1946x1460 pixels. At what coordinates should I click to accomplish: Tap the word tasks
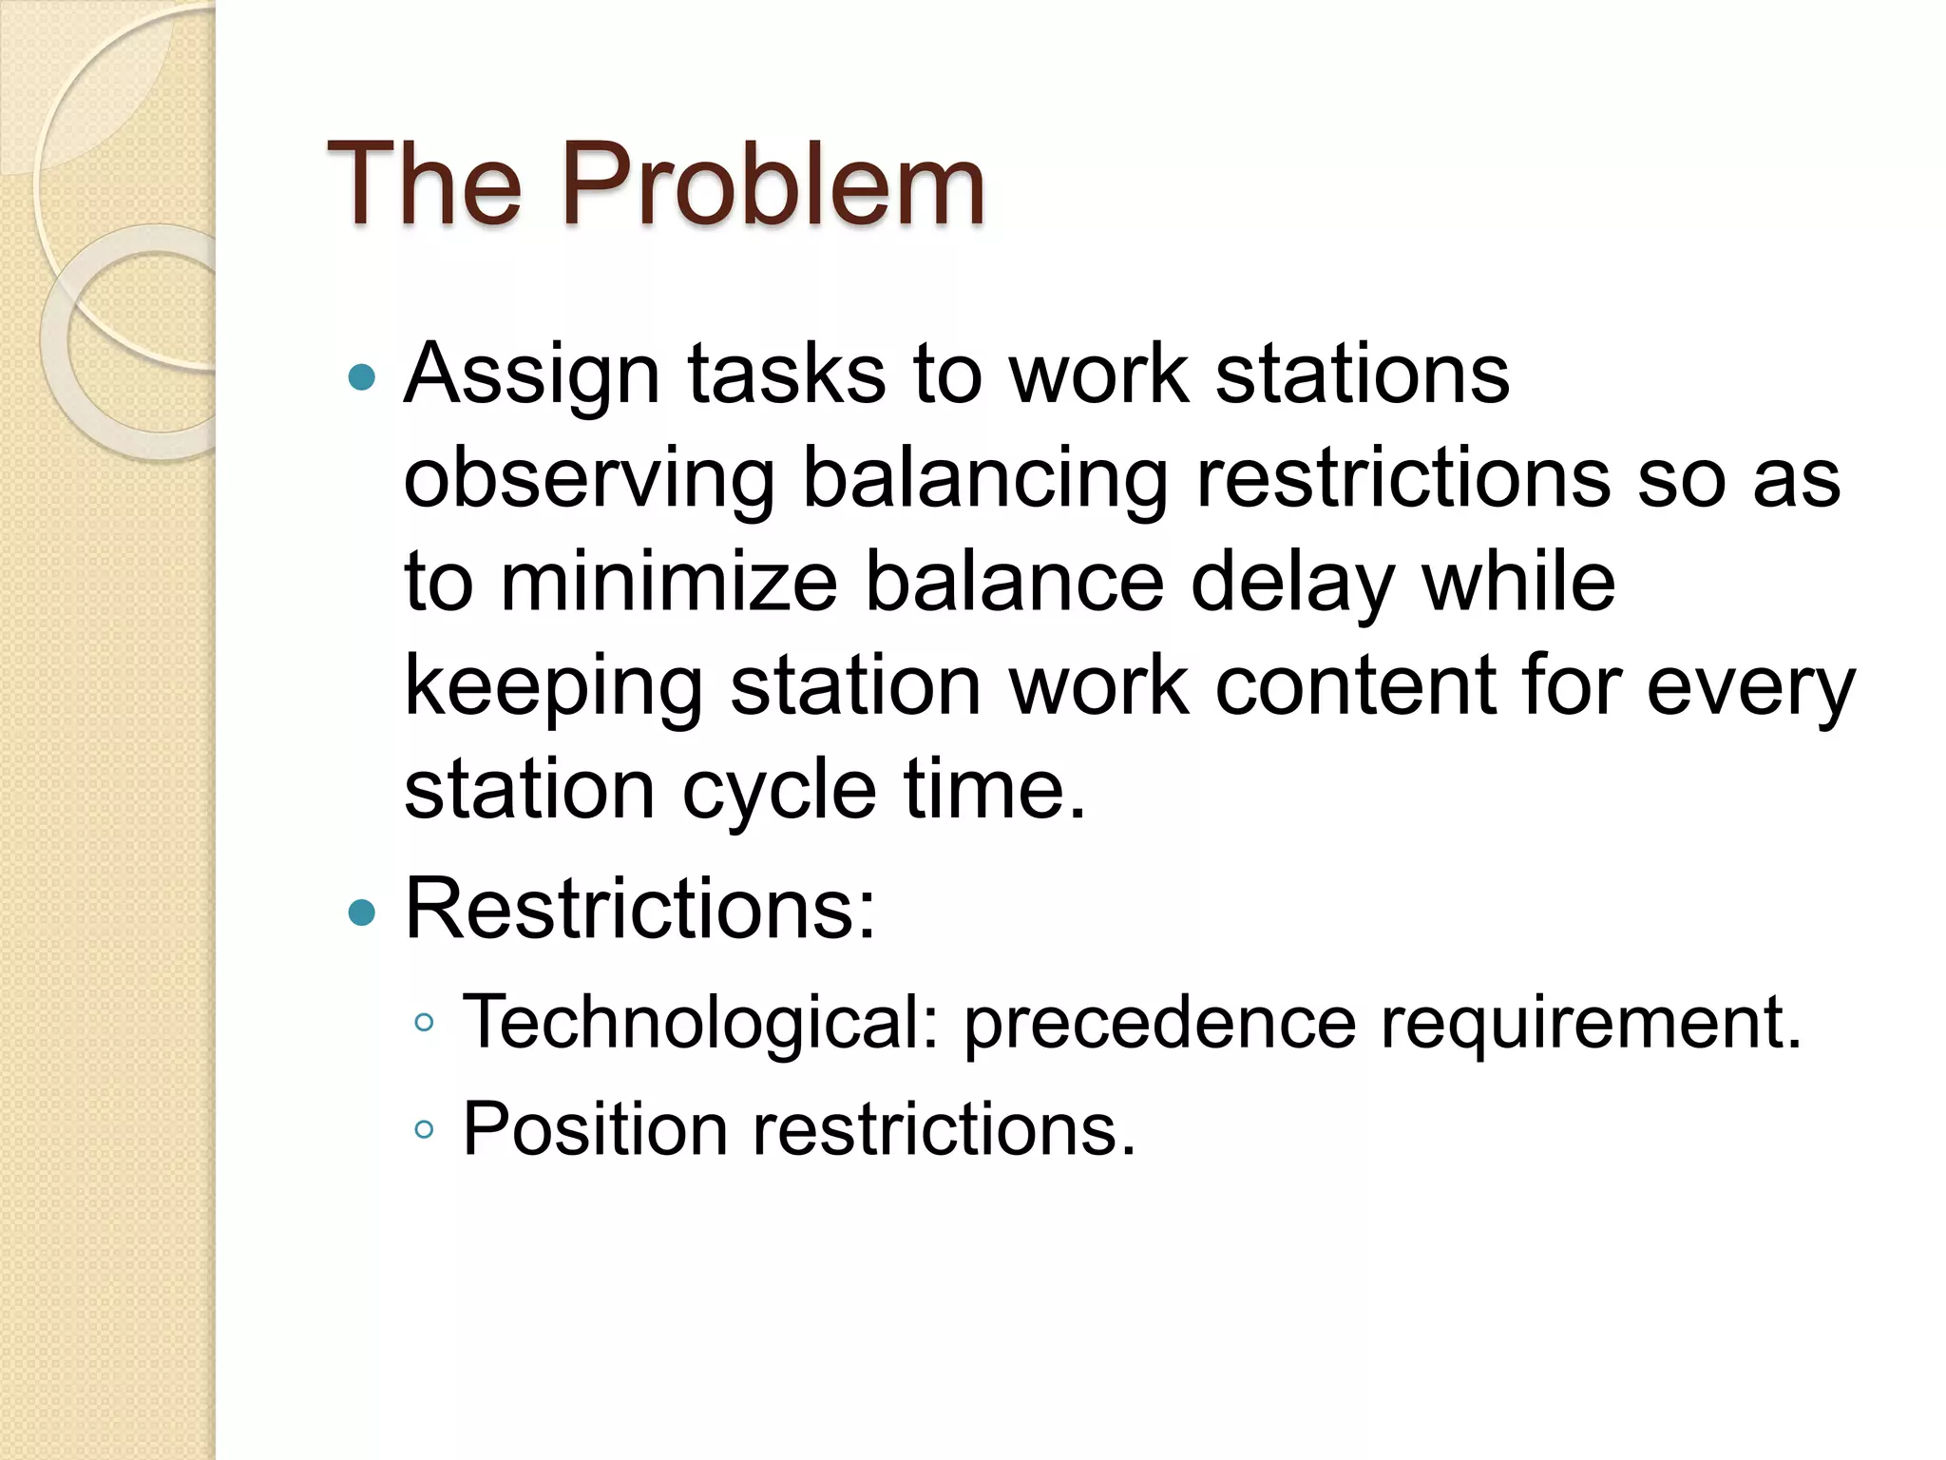click(x=786, y=375)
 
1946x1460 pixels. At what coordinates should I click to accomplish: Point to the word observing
click(x=589, y=480)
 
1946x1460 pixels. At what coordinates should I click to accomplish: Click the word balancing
click(x=985, y=480)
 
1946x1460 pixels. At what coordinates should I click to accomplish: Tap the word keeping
click(x=553, y=688)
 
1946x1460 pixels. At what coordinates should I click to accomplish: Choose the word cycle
click(x=779, y=792)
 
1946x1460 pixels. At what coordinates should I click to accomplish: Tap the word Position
click(x=595, y=1129)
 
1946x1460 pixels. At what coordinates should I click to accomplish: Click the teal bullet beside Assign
click(x=362, y=378)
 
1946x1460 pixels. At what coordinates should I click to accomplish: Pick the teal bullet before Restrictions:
click(x=362, y=913)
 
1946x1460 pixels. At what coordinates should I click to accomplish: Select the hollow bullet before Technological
click(x=424, y=1024)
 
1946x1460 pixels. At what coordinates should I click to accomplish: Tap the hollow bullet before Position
click(x=424, y=1130)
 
